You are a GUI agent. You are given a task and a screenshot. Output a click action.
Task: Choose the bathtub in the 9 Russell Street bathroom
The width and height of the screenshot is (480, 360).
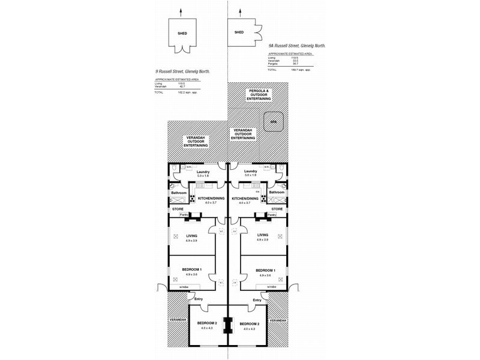coord(178,200)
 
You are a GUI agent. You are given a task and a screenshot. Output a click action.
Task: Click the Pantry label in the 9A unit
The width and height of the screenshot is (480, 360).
coord(271,214)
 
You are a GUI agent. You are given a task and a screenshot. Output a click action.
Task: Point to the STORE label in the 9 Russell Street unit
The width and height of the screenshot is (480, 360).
coord(178,209)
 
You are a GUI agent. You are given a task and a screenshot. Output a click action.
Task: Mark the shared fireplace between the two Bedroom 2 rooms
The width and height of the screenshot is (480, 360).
coord(228,325)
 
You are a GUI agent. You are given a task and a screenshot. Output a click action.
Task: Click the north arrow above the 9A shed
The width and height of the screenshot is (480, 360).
coord(239,12)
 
